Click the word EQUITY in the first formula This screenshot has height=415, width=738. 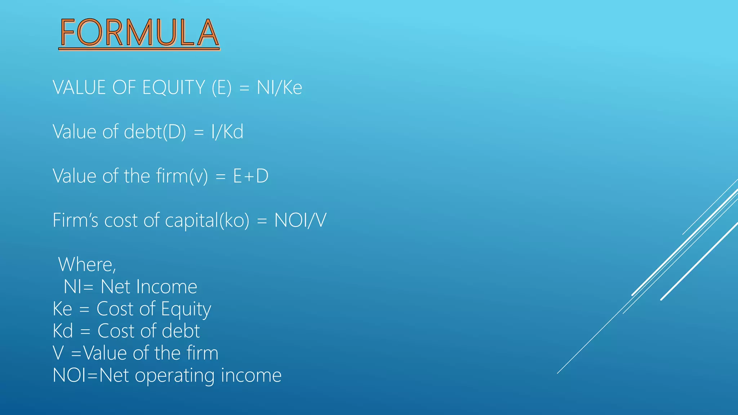(174, 88)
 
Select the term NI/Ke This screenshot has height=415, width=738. (279, 88)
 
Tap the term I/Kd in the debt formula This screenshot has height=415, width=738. (227, 131)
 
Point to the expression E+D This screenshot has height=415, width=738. (251, 176)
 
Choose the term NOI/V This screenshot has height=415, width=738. (300, 220)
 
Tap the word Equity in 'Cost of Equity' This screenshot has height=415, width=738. (186, 309)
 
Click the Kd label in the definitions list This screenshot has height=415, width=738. (63, 331)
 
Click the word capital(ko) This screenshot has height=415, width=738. (207, 220)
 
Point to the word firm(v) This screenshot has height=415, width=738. (182, 176)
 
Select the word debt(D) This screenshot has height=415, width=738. (155, 131)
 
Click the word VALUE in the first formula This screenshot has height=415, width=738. (79, 88)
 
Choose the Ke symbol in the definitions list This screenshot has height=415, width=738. (62, 309)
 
